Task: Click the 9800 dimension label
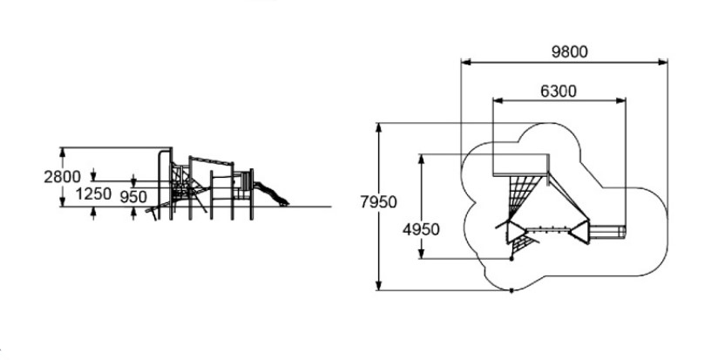569,52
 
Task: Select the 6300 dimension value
559,92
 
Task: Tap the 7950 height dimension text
378,202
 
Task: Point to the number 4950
421,229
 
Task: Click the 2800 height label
62,177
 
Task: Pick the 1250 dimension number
93,194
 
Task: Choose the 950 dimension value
133,197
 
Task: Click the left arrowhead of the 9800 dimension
466,62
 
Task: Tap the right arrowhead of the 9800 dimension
662,62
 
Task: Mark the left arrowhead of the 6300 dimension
498,101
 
